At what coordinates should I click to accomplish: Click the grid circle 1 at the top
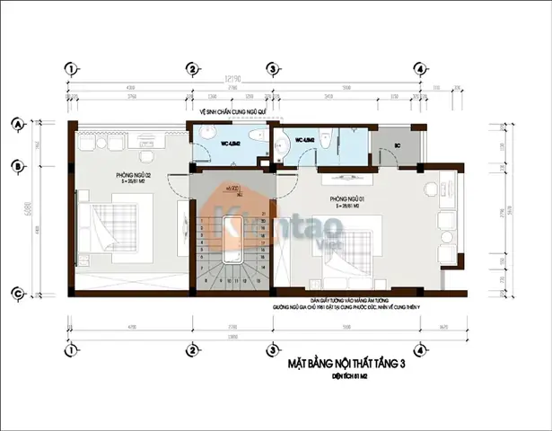click(70, 69)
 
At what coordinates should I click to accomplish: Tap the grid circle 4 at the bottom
click(418, 348)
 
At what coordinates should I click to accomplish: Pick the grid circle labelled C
click(17, 293)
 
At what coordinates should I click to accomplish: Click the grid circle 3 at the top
click(272, 69)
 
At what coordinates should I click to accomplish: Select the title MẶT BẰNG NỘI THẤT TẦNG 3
click(346, 365)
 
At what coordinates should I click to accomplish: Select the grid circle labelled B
click(17, 164)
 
